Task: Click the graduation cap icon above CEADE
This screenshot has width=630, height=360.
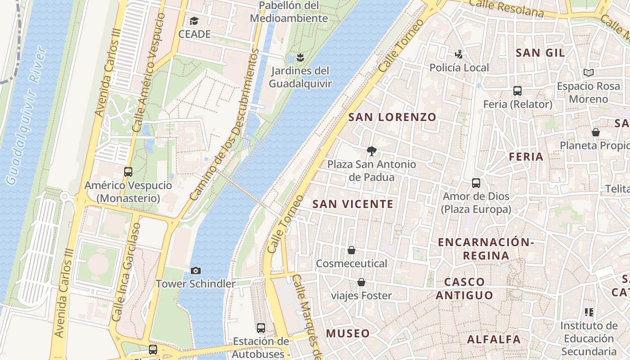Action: pyautogui.click(x=194, y=21)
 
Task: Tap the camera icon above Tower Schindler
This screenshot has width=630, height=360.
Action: pyautogui.click(x=196, y=270)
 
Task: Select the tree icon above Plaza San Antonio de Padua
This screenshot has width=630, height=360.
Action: pyautogui.click(x=371, y=151)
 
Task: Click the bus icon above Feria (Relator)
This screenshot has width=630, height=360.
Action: pyautogui.click(x=517, y=91)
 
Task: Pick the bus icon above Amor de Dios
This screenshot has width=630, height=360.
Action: pyautogui.click(x=476, y=183)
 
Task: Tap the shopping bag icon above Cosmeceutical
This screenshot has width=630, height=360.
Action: pyautogui.click(x=351, y=250)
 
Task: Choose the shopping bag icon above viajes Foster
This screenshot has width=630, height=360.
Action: pyautogui.click(x=361, y=282)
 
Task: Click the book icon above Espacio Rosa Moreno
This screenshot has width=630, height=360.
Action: pyautogui.click(x=588, y=72)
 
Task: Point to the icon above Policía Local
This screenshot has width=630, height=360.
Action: pyautogui.click(x=459, y=54)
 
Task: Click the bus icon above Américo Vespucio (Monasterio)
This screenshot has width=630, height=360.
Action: pyautogui.click(x=128, y=171)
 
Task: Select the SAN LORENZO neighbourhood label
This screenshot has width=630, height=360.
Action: pyautogui.click(x=392, y=117)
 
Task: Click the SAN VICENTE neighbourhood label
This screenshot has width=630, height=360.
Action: pyautogui.click(x=353, y=204)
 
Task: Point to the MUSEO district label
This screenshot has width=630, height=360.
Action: pyautogui.click(x=348, y=333)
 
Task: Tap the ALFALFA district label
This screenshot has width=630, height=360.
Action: pyautogui.click(x=494, y=339)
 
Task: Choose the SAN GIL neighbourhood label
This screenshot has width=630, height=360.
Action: pyautogui.click(x=540, y=53)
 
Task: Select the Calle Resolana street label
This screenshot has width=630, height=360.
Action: pyautogui.click(x=506, y=8)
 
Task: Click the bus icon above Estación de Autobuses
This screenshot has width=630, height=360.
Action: pyautogui.click(x=261, y=328)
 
